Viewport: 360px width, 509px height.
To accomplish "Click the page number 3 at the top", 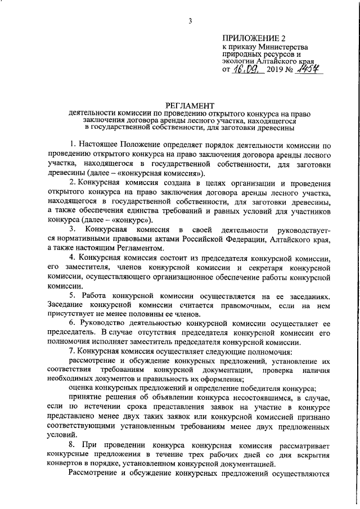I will (191, 21).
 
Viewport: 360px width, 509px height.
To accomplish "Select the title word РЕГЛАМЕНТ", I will (190, 105).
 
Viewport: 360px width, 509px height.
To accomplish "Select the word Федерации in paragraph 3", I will (268, 240).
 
